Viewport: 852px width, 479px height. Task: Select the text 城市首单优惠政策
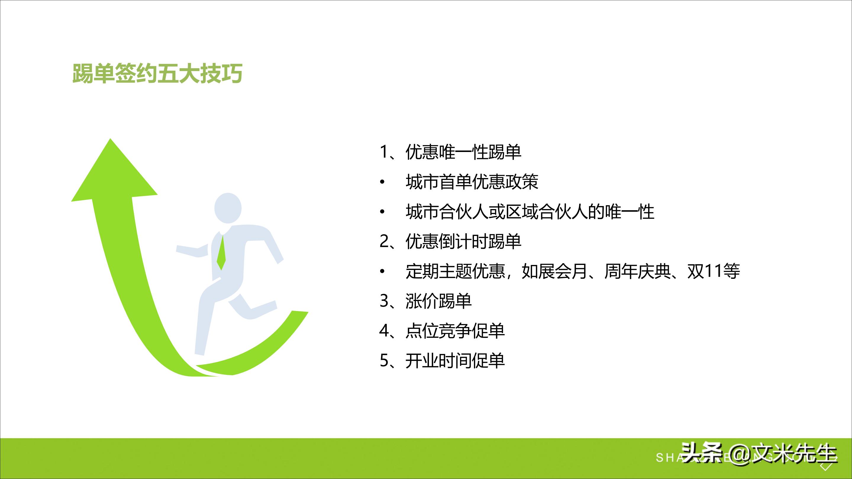point(472,182)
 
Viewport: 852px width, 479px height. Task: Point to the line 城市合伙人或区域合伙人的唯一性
point(530,212)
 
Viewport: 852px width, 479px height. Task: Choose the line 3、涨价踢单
point(425,301)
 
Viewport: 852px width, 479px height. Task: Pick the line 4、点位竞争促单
point(442,331)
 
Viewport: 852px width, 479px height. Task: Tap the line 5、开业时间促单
point(442,361)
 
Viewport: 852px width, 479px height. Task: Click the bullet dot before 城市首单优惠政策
point(383,182)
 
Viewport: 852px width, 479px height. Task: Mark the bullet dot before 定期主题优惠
point(383,272)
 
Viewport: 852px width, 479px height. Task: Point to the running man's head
point(228,208)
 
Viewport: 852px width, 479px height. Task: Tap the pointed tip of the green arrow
point(110,140)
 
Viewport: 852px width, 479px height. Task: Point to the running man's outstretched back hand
point(181,250)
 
